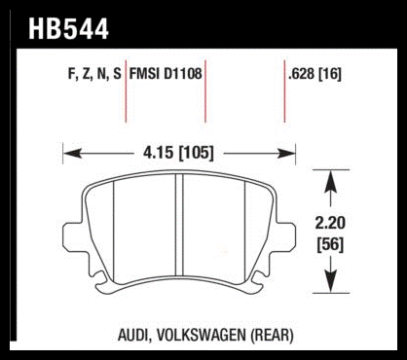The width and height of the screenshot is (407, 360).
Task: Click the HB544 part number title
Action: click(x=68, y=28)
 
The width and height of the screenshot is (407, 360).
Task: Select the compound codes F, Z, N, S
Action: click(x=94, y=74)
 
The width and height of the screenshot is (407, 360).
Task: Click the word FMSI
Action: click(x=145, y=73)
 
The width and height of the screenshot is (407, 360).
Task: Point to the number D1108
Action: click(x=183, y=73)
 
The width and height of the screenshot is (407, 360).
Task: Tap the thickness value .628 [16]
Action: click(x=314, y=74)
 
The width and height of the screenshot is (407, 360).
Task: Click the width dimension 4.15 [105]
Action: click(x=178, y=153)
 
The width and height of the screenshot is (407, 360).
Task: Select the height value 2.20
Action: click(x=330, y=224)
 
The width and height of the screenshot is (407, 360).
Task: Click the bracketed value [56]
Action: click(x=330, y=244)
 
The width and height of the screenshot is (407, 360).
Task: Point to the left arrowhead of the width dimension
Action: click(x=72, y=153)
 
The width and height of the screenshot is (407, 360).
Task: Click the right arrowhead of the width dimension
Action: click(x=286, y=153)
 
